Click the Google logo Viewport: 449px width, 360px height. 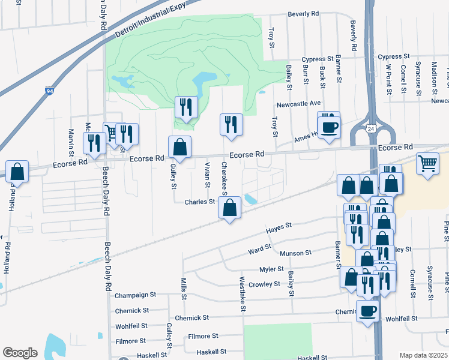pyautogui.click(x=20, y=353)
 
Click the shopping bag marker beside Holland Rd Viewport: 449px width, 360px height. pyautogui.click(x=17, y=172)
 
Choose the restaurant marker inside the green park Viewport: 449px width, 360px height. pyautogui.click(x=186, y=107)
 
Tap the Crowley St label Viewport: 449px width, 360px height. pyautogui.click(x=264, y=284)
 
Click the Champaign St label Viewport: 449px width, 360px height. pyautogui.click(x=136, y=295)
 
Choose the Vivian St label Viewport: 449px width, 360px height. pyautogui.click(x=207, y=174)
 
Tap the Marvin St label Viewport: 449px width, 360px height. pyautogui.click(x=71, y=139)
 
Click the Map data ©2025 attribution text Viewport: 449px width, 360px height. pyautogui.click(x=423, y=355)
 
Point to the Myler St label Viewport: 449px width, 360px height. pyautogui.click(x=271, y=269)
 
